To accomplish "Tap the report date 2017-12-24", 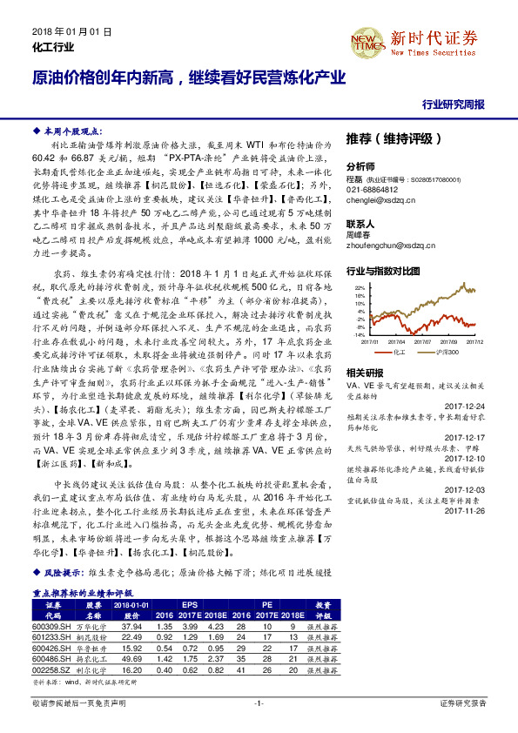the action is [x=468, y=406].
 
